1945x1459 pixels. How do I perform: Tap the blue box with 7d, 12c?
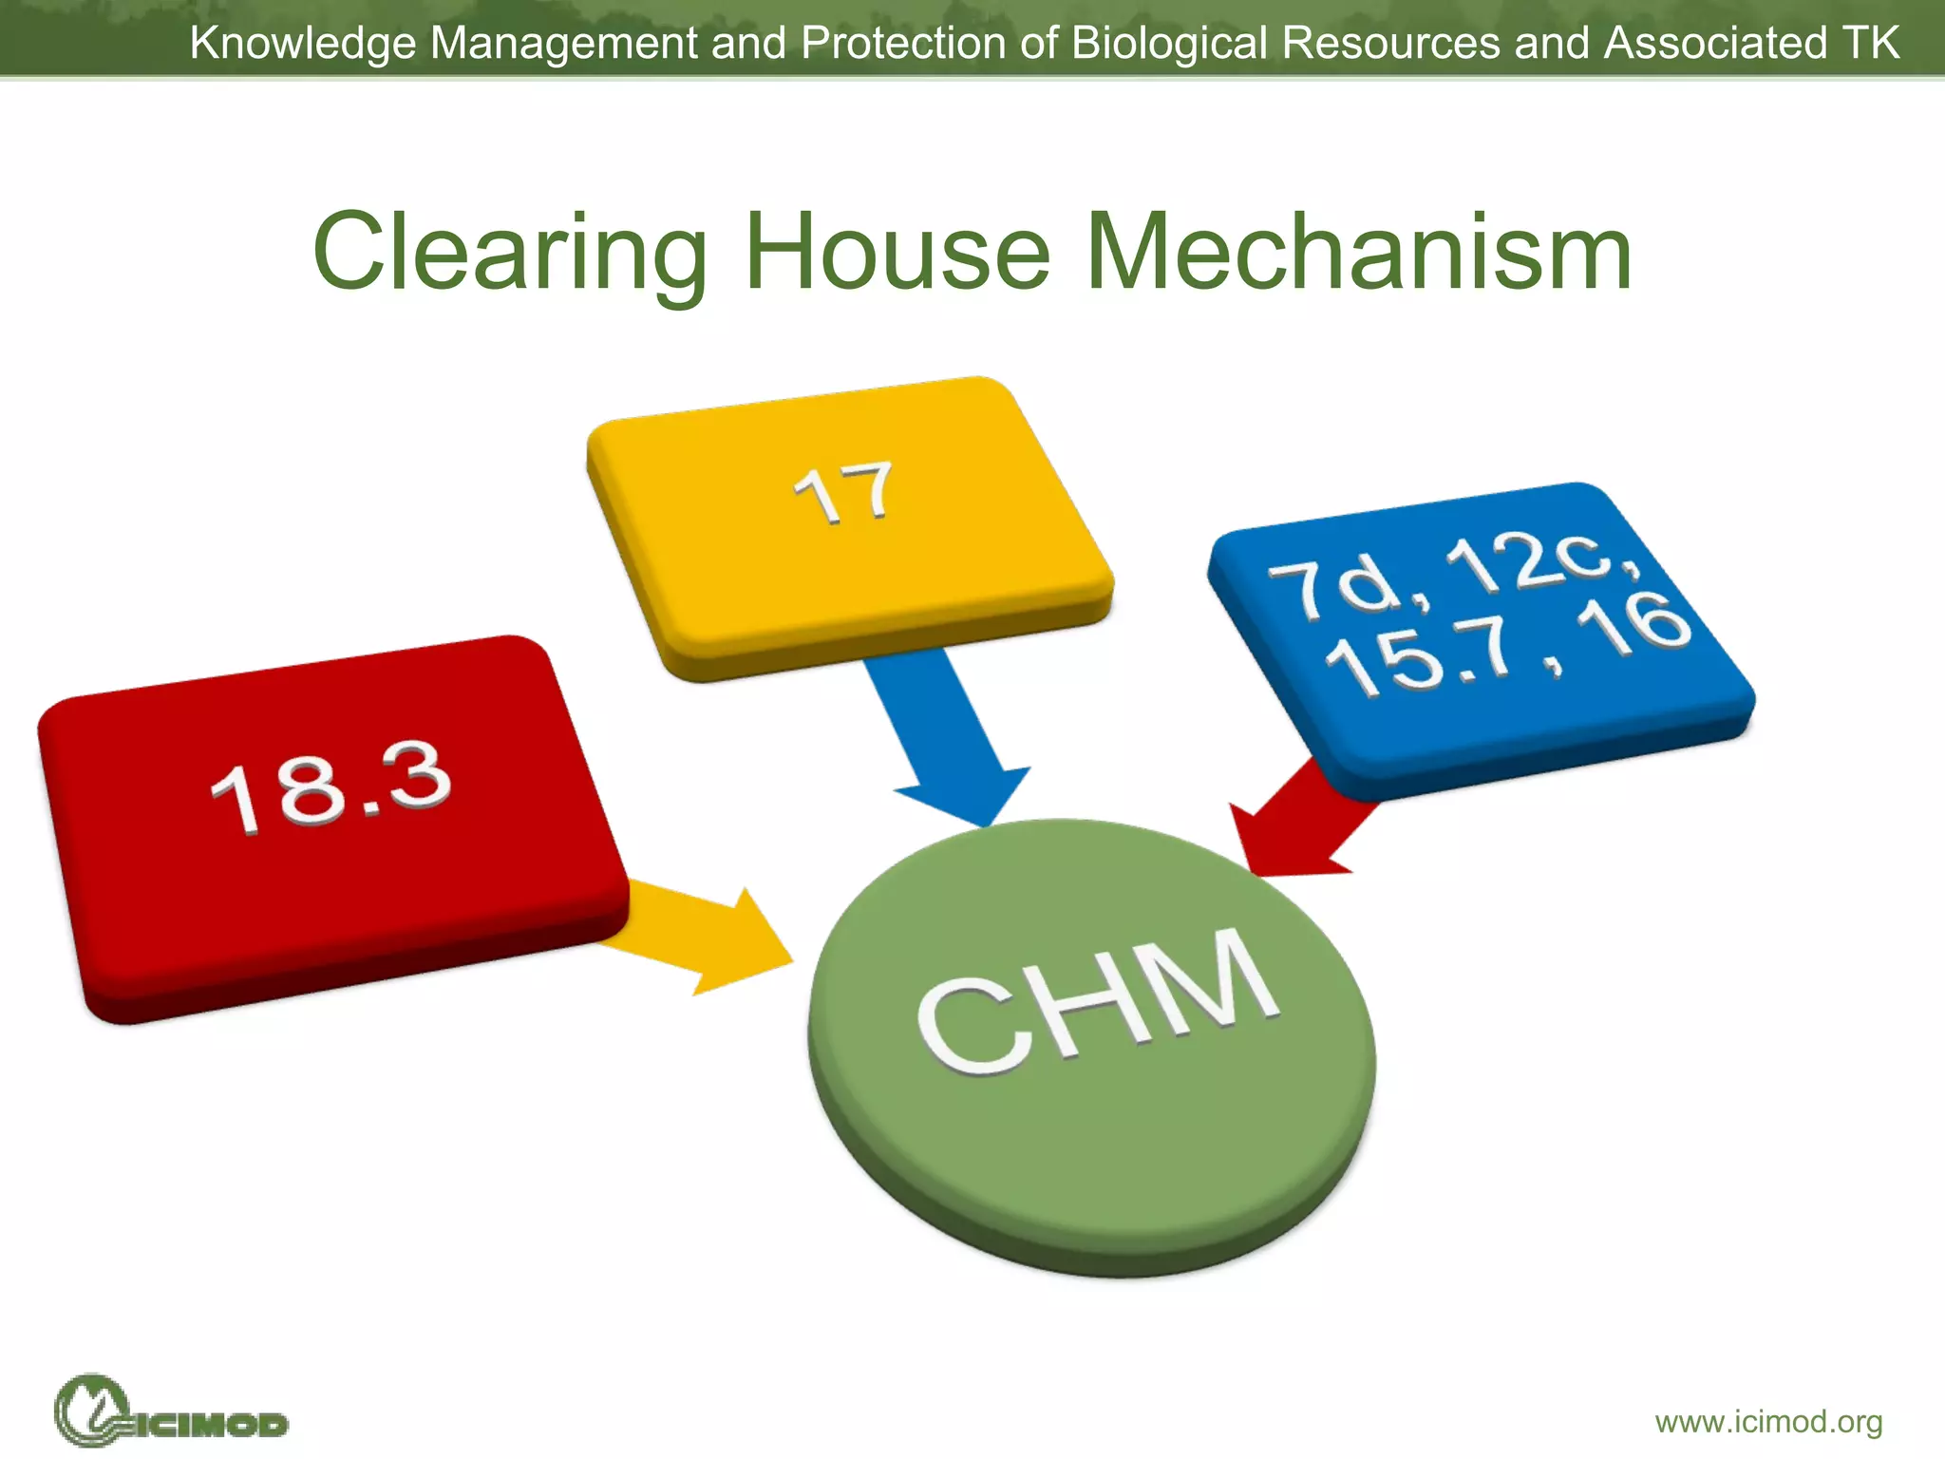click(1482, 636)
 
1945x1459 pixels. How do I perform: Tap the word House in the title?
click(897, 253)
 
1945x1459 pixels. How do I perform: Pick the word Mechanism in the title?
click(1358, 253)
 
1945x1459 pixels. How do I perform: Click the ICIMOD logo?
click(171, 1412)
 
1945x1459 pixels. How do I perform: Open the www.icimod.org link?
click(1768, 1422)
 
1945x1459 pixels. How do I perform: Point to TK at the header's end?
click(1870, 44)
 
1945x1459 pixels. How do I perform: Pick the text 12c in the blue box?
click(1529, 566)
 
